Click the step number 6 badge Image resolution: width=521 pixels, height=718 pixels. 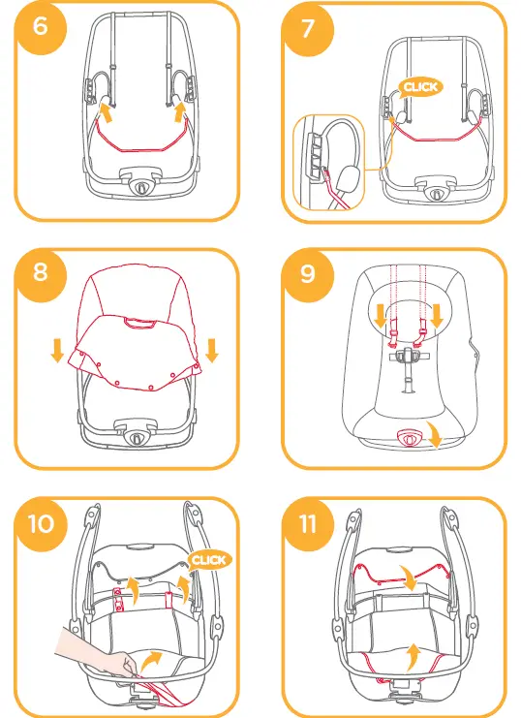point(41,25)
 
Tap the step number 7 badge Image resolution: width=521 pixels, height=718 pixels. point(308,28)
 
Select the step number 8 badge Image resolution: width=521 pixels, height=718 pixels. point(41,273)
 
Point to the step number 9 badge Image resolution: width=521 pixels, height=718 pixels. point(308,274)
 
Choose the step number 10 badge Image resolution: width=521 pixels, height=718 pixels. point(42,523)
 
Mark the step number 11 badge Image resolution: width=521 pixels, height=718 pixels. point(308,524)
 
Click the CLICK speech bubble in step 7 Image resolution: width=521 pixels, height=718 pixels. point(420,87)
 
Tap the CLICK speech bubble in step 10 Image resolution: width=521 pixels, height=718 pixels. point(209,560)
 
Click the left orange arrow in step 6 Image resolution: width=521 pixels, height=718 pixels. point(106,112)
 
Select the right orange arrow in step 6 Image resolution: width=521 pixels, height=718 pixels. point(181,112)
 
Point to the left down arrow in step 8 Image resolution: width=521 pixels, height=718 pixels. point(57,351)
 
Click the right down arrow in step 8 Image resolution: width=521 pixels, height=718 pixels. point(212,351)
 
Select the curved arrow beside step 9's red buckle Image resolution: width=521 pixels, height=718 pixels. point(435,434)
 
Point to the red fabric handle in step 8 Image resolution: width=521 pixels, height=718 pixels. point(139,324)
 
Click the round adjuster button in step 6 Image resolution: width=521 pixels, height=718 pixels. point(140,186)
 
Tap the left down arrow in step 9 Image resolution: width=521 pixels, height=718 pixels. point(381,317)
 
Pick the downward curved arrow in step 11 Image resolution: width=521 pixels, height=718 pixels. point(409,578)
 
